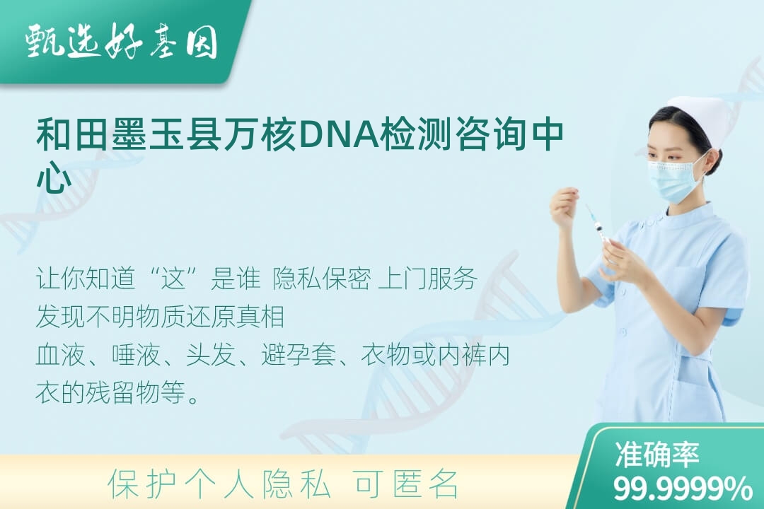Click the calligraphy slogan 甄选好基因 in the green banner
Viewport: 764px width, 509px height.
[122, 41]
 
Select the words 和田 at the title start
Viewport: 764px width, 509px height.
[73, 134]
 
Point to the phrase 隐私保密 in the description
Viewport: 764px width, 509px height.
[322, 279]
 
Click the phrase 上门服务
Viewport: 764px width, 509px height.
[428, 279]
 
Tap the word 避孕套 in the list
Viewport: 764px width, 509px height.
[299, 355]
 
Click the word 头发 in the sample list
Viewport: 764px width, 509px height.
[211, 355]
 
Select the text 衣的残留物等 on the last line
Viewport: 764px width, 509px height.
[110, 392]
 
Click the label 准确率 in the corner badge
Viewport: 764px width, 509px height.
[657, 455]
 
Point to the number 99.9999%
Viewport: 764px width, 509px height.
[683, 488]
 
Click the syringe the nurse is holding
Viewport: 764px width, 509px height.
[598, 226]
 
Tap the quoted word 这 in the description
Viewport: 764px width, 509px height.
[174, 279]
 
